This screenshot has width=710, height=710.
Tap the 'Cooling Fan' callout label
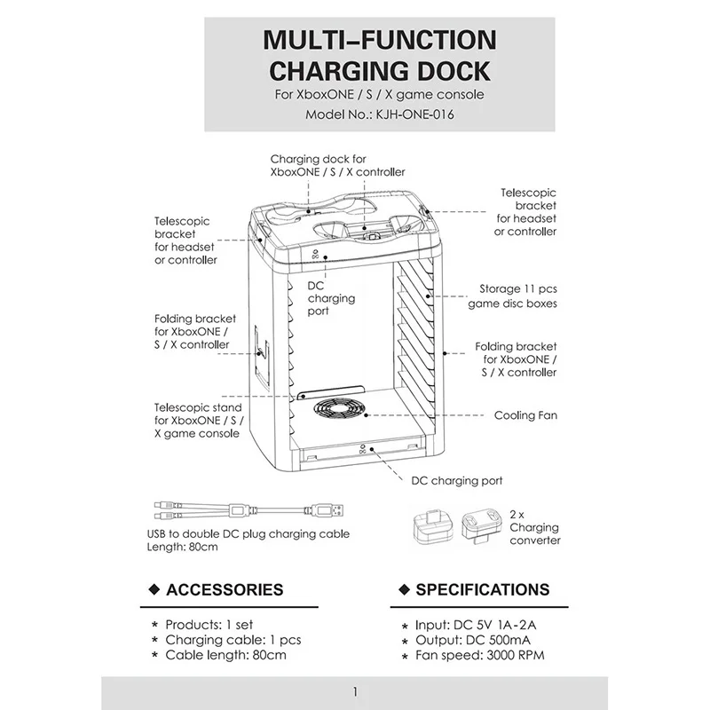pos(525,415)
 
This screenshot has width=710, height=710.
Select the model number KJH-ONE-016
pos(414,114)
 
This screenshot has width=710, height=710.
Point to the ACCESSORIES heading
pos(225,589)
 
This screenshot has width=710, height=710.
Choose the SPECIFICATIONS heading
pos(483,589)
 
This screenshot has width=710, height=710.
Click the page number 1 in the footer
pos(356,692)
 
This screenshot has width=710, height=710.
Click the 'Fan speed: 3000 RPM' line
pos(480,655)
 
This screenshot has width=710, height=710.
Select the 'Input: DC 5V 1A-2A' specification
pos(476,625)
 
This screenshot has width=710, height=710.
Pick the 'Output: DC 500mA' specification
pos(473,640)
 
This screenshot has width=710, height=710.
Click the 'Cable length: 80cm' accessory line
pos(225,655)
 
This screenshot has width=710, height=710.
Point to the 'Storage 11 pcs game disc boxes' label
pos(513,296)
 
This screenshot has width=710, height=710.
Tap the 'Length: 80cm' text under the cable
pos(182,547)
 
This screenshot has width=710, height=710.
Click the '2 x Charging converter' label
pos(535,527)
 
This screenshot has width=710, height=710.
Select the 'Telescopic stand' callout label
pos(198,420)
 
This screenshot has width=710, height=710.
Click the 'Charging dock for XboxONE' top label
pos(337,166)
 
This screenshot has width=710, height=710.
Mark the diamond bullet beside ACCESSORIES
pos(154,589)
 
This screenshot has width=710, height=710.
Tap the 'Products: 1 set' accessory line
pos(209,625)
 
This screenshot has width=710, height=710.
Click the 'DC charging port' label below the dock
pos(457,480)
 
